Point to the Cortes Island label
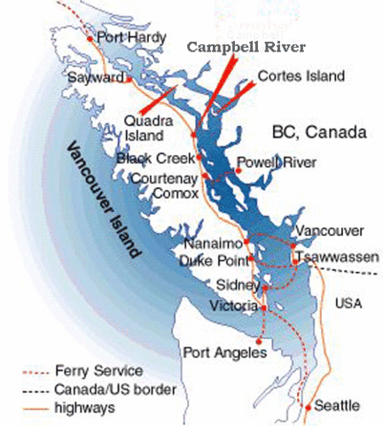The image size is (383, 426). tap(300, 76)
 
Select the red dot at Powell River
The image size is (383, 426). tap(233, 164)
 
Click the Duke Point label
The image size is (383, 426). tap(213, 261)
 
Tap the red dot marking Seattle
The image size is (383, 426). tap(308, 407)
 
